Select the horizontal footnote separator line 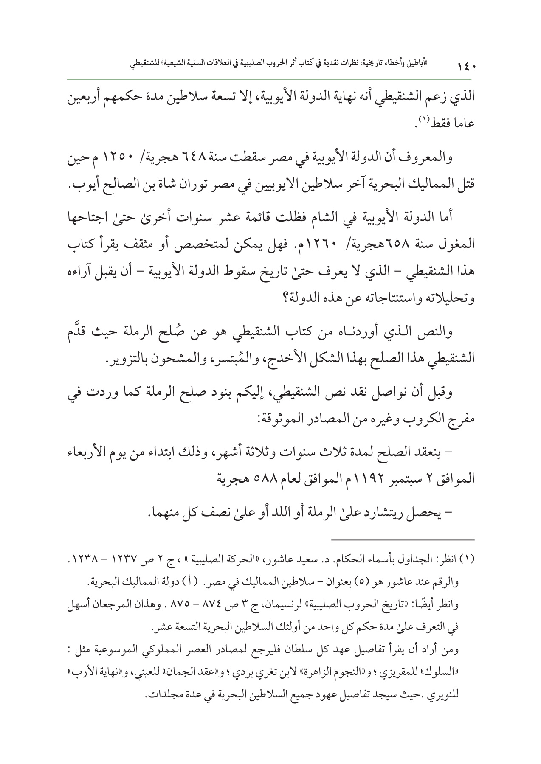click(x=403, y=540)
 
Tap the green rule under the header click(x=270, y=79)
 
